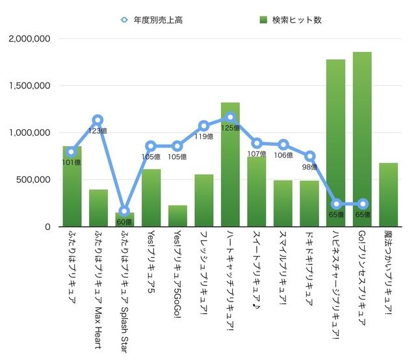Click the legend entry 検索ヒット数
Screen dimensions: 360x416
pyautogui.click(x=290, y=19)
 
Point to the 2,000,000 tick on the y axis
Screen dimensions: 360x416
pyautogui.click(x=30, y=38)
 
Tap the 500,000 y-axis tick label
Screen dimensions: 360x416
pyautogui.click(x=34, y=180)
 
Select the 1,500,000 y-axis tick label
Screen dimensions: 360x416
pyautogui.click(x=30, y=86)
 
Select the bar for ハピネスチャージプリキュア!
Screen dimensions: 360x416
pyautogui.click(x=335, y=143)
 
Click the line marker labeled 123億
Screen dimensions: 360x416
pyautogui.click(x=97, y=120)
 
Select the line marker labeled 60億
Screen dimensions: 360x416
pyautogui.click(x=124, y=211)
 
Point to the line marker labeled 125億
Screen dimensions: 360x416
pyautogui.click(x=230, y=117)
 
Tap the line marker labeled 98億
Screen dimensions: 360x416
pyautogui.click(x=309, y=156)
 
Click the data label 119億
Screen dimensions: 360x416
pyautogui.click(x=205, y=137)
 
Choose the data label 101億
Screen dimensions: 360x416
pyautogui.click(x=71, y=162)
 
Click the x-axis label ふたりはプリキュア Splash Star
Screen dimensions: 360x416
pyautogui.click(x=124, y=286)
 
